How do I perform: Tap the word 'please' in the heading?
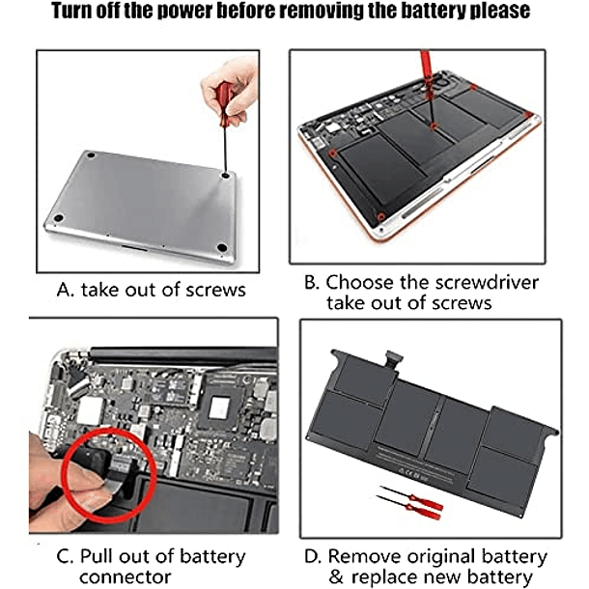pyautogui.click(x=501, y=11)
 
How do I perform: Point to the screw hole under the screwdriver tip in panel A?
pyautogui.click(x=225, y=175)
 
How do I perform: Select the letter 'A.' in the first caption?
pyautogui.click(x=65, y=290)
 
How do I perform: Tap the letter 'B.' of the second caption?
pyautogui.click(x=311, y=283)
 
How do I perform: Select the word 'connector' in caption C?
pyautogui.click(x=126, y=576)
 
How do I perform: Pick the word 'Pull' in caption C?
pyautogui.click(x=97, y=556)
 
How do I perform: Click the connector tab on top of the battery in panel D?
pyautogui.click(x=393, y=359)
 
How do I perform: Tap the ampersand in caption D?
pyautogui.click(x=335, y=576)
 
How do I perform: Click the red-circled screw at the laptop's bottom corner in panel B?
pyautogui.click(x=380, y=216)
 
